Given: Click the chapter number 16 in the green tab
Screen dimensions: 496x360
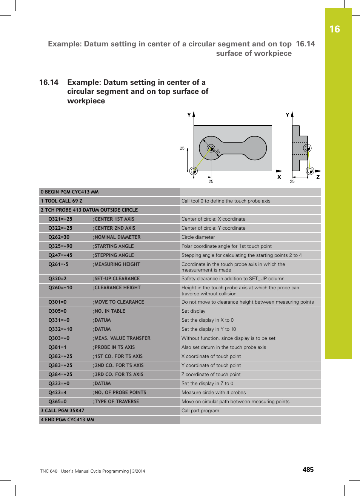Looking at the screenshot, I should (x=334, y=29).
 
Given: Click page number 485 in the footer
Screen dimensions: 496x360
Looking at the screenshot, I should (x=308, y=470).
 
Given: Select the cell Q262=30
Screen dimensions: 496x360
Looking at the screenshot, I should (x=59, y=237).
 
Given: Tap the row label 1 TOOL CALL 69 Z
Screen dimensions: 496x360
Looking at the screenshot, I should (x=62, y=201).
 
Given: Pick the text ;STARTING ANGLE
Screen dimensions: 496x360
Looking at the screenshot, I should (x=113, y=246).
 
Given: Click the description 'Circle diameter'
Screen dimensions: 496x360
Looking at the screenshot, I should (x=198, y=237).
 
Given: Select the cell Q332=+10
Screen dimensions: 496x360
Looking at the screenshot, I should (x=60, y=329).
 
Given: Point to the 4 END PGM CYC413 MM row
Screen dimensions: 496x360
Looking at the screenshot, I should (x=68, y=420).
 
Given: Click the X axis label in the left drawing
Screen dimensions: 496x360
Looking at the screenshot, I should (x=279, y=177).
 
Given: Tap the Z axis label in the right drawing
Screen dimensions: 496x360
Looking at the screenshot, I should (x=318, y=177).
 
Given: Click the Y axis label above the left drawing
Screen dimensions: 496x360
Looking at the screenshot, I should (x=189, y=115).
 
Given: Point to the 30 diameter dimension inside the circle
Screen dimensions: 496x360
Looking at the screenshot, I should (x=217, y=151).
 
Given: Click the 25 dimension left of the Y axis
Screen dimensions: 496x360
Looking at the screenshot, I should (x=182, y=148).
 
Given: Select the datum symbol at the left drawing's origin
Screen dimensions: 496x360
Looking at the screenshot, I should (x=194, y=170).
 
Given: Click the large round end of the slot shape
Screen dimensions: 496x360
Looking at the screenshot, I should (x=255, y=148).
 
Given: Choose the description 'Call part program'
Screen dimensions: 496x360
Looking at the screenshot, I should (x=200, y=411).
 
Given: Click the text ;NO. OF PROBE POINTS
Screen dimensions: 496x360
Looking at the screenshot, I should (x=119, y=393).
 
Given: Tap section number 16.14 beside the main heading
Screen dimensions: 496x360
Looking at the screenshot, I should (x=49, y=82).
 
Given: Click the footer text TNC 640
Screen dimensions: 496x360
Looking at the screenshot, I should (x=49, y=471).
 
